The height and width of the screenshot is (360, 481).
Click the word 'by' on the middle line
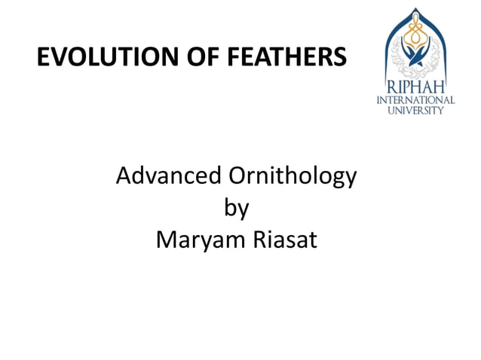236,209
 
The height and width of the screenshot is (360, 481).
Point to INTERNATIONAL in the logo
415,99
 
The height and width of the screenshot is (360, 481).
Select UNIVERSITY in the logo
415,109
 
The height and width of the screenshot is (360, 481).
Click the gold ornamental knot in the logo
414,34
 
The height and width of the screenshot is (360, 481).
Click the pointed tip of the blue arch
414,9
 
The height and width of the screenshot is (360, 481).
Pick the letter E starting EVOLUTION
44,57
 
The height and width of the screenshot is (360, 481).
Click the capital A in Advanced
125,177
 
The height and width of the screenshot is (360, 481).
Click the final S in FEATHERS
341,57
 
